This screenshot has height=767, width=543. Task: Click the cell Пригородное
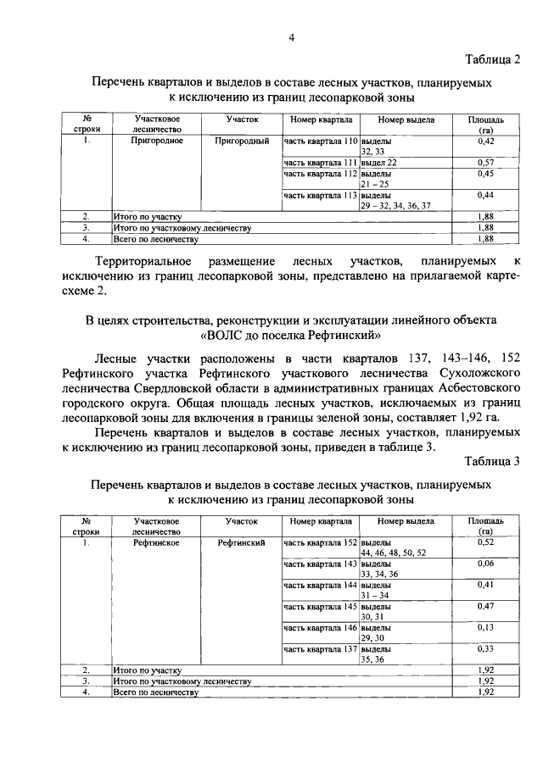pos(156,140)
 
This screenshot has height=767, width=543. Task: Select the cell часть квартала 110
pos(321,141)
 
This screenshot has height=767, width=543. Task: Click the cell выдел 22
pos(379,161)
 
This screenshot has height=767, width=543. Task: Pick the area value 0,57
pos(486,161)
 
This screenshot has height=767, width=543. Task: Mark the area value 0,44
pos(486,195)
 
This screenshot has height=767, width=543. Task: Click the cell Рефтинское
pos(156,542)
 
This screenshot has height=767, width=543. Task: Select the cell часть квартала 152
pos(321,542)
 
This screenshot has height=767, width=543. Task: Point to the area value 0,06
pos(486,563)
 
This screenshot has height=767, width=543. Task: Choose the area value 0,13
pos(486,627)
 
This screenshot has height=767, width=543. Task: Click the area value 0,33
pos(486,648)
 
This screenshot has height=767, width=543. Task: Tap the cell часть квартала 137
pos(321,648)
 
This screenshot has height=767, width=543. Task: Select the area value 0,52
pos(486,542)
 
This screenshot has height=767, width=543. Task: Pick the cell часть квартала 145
pos(321,606)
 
